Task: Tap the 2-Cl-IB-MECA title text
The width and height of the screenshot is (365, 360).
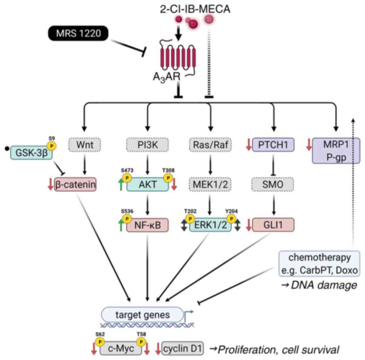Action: tap(194, 8)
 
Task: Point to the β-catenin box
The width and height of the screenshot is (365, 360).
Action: tap(75, 185)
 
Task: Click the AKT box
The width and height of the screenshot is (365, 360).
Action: tap(147, 184)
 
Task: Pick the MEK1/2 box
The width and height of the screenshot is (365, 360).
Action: tap(210, 184)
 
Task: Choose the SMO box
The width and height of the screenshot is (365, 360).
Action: tap(273, 184)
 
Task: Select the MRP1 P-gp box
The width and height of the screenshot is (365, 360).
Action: tap(336, 150)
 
